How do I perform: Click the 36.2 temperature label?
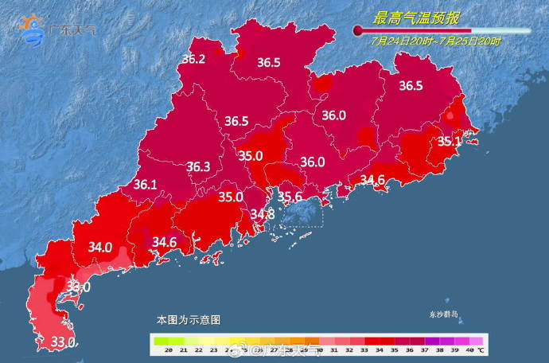point(193,59)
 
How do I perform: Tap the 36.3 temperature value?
point(198,167)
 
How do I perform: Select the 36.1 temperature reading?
point(145,185)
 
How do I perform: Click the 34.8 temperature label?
point(263,214)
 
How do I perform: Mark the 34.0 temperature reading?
point(100,248)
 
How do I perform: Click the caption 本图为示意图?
point(189,319)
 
